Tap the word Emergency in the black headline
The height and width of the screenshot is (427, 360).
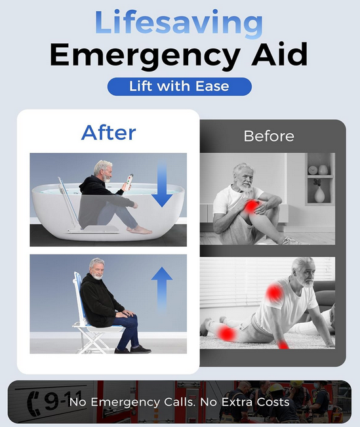(x=145, y=56)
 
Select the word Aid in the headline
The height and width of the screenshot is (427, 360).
(x=279, y=54)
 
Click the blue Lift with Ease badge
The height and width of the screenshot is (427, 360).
(x=180, y=87)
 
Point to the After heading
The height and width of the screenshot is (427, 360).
(x=108, y=132)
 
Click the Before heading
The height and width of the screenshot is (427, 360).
(x=269, y=136)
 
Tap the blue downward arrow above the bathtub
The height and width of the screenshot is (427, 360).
(x=162, y=183)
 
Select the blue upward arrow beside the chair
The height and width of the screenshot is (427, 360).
(x=162, y=289)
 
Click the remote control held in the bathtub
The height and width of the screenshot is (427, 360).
(x=129, y=182)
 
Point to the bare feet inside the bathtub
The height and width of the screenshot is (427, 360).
(x=140, y=230)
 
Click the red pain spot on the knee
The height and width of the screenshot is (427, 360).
(x=252, y=207)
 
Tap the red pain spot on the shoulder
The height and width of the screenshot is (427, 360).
(x=274, y=293)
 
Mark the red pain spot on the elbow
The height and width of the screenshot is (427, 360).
(x=283, y=345)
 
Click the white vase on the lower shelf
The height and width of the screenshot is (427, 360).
(x=319, y=195)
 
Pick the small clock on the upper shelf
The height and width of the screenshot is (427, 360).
(x=313, y=170)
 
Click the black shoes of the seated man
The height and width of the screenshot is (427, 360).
(x=133, y=350)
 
